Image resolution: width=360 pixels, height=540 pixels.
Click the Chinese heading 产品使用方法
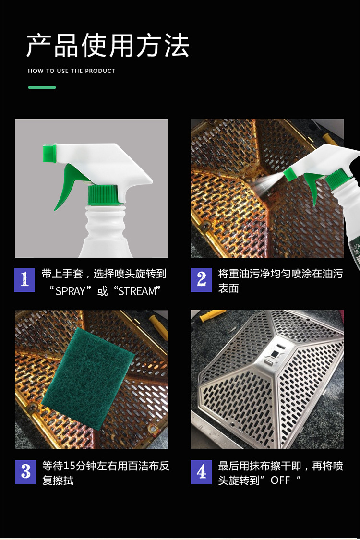108,46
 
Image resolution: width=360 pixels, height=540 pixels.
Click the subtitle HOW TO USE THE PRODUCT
72,71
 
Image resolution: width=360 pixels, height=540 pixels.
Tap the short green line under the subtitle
42,87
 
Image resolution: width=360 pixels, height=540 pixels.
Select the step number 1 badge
24,280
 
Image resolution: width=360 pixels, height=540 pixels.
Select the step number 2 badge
201,280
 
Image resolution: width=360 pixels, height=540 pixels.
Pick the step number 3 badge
25,472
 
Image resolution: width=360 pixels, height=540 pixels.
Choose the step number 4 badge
201,472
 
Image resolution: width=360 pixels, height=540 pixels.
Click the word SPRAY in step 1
70,291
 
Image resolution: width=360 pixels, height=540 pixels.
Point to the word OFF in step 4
280,480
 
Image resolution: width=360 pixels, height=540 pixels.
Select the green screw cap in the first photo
103,195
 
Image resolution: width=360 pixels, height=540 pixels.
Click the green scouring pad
87,379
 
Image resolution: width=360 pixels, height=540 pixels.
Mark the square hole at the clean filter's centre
274,353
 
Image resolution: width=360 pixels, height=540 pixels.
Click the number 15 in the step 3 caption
69,466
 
